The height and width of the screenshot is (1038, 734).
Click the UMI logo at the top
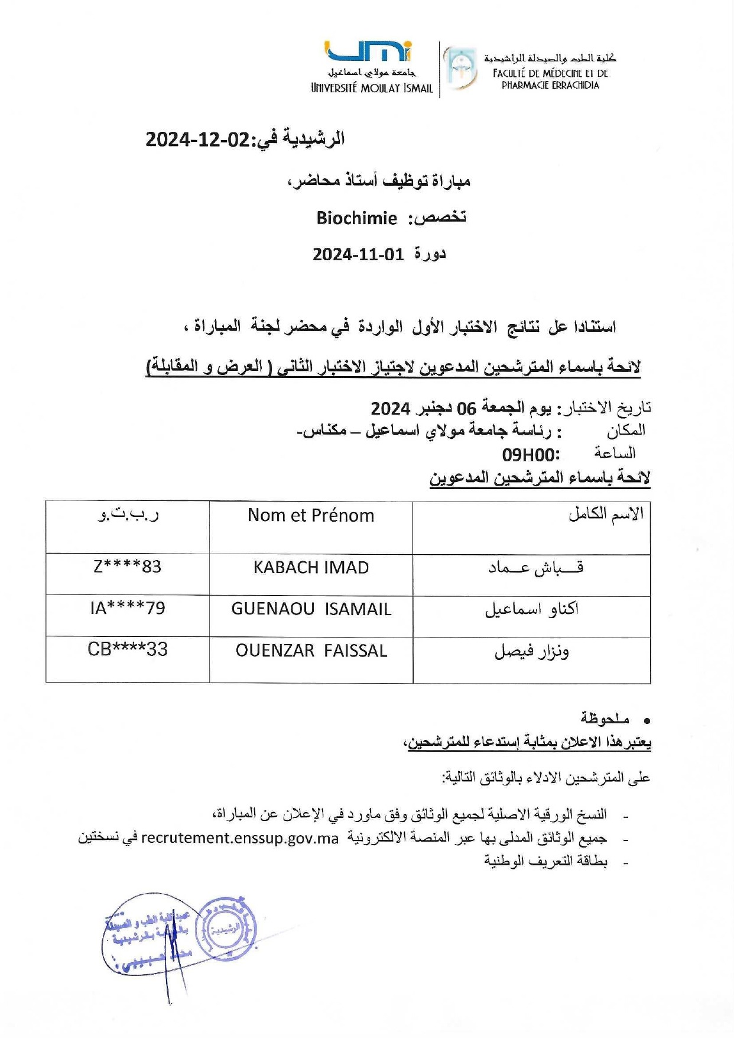[369, 51]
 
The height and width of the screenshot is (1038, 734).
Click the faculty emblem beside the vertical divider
[460, 68]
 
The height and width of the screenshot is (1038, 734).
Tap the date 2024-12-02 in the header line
[198, 140]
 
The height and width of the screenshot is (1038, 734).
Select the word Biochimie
[356, 218]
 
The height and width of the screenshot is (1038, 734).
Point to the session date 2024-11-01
[358, 255]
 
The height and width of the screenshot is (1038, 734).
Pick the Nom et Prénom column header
[311, 516]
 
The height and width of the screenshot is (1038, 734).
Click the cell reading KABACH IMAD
[311, 568]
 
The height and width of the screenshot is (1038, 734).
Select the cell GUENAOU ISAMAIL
[311, 609]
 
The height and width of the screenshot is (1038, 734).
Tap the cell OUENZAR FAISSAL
[311, 651]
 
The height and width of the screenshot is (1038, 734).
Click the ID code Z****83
[127, 567]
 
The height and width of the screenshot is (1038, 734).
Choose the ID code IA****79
[128, 608]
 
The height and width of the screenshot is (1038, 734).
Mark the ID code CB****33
[128, 649]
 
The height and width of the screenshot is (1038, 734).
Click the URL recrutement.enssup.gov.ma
[240, 839]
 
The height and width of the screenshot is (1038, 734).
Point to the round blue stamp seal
[226, 928]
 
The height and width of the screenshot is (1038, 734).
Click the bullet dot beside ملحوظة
[647, 721]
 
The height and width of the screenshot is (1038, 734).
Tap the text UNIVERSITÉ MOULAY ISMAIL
[372, 89]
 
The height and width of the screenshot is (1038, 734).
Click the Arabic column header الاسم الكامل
[606, 515]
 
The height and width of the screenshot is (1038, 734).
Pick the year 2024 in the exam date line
[391, 409]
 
